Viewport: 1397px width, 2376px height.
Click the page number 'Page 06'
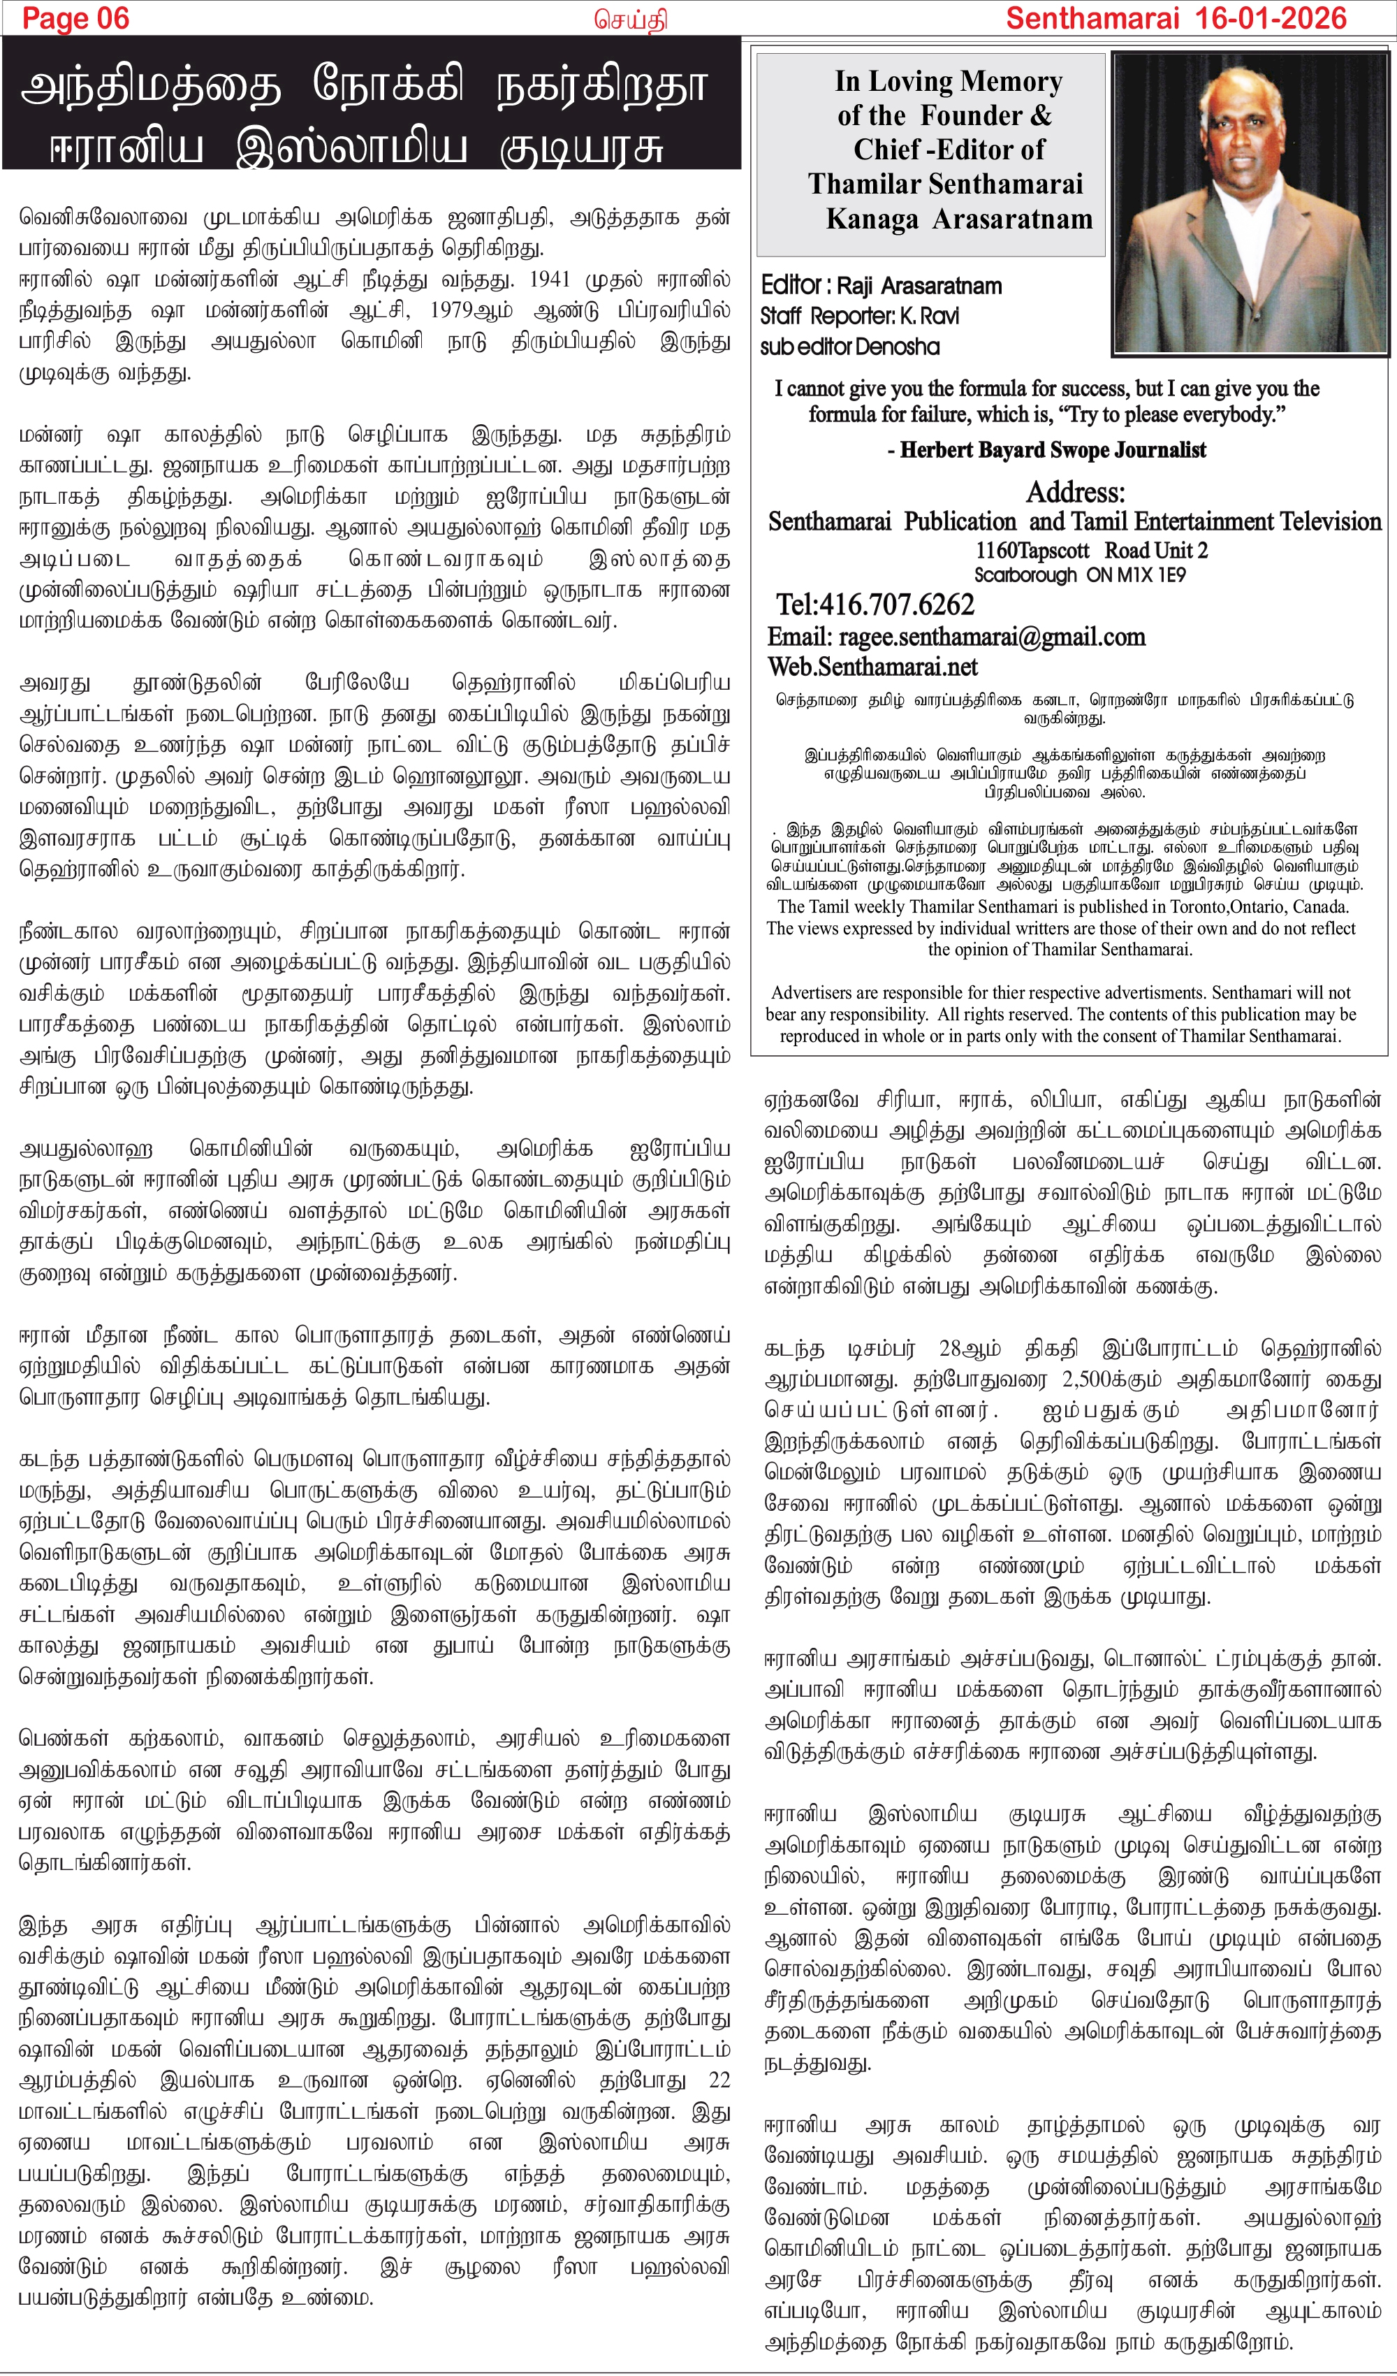click(75, 18)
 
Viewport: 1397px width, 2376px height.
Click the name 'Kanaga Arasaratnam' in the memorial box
click(958, 219)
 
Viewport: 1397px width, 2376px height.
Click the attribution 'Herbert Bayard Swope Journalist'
click(1053, 450)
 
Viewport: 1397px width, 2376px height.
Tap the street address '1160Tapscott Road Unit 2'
click(1090, 551)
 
